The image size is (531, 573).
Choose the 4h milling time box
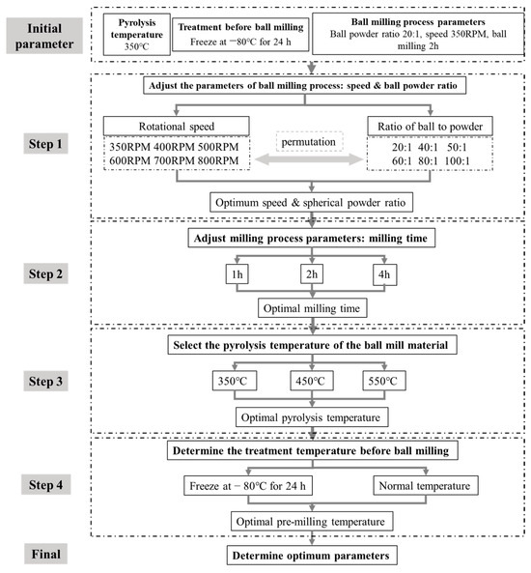point(385,274)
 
